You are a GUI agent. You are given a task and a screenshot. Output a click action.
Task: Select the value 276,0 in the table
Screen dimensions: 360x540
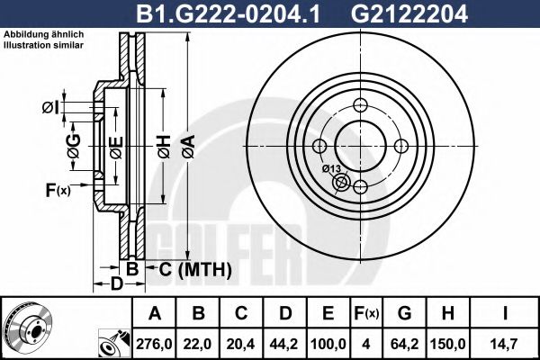(154, 344)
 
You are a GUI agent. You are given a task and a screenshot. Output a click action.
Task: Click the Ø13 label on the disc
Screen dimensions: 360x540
(330, 168)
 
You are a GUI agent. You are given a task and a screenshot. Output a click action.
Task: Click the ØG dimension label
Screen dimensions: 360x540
(73, 144)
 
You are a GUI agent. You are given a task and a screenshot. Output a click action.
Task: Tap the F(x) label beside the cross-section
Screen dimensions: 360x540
(57, 189)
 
